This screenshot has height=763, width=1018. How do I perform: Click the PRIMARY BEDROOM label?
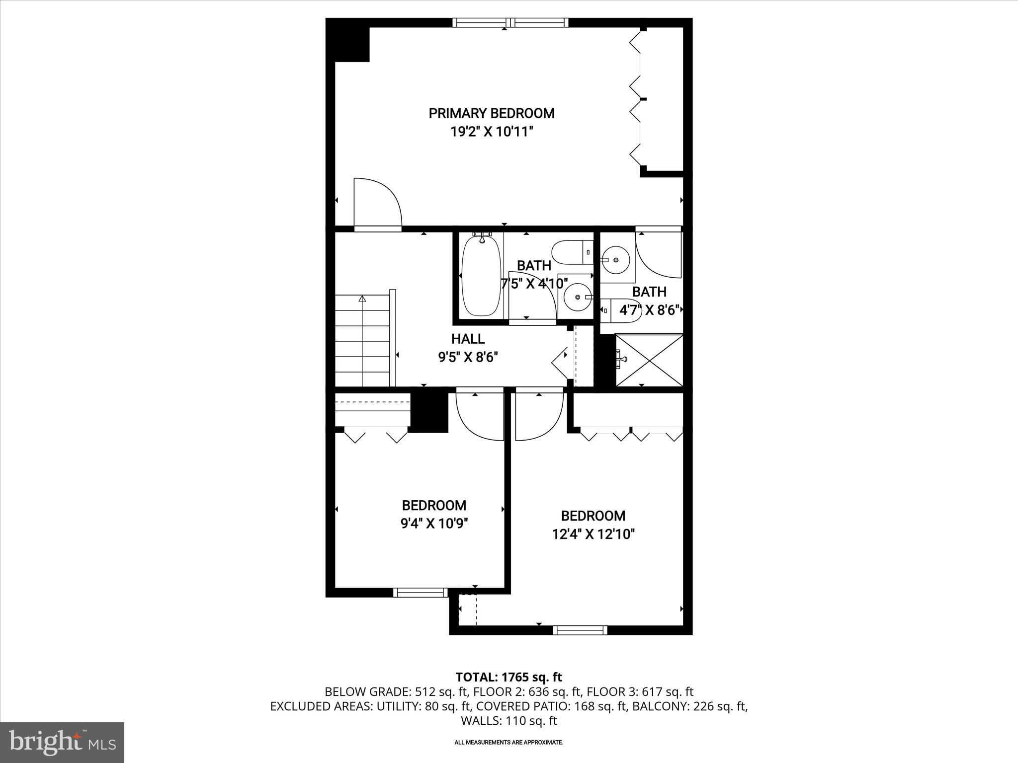(491, 113)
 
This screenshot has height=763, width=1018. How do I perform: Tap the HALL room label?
(468, 339)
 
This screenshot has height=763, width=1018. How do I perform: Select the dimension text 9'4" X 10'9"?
(434, 524)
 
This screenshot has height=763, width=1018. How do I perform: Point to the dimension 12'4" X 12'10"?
(593, 534)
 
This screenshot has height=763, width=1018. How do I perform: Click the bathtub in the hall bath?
(481, 276)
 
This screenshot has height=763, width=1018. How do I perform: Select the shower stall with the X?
(649, 360)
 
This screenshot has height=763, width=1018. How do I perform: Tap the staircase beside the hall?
(362, 341)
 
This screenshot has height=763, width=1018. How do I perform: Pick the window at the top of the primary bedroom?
(510, 22)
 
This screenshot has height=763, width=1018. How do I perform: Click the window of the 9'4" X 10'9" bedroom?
(421, 592)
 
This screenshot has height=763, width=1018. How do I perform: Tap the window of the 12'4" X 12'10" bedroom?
(580, 630)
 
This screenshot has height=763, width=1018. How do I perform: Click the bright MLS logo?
(62, 742)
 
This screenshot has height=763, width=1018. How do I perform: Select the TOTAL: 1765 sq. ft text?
(509, 677)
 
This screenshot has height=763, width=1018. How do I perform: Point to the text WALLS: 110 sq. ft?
(509, 721)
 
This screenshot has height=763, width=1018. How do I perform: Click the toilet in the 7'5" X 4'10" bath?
(572, 252)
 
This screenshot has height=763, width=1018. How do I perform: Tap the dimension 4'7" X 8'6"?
(649, 310)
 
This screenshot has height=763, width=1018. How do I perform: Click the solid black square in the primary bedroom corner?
(352, 44)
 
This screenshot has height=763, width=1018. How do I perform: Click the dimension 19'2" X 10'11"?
(491, 132)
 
